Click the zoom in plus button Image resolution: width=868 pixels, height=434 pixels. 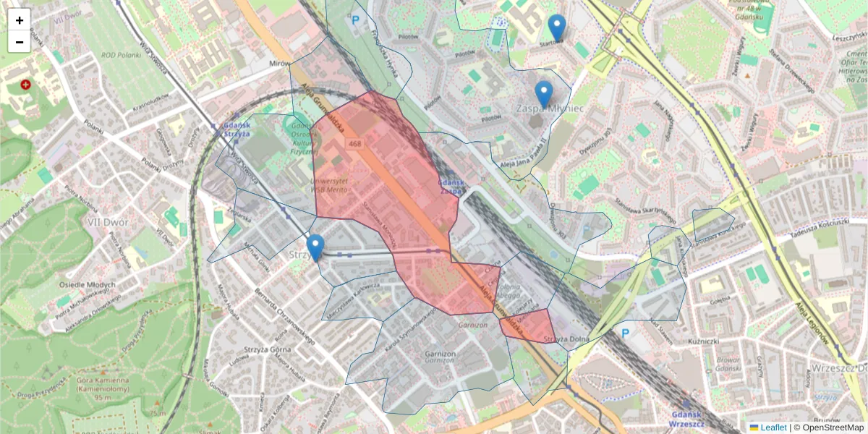tap(20, 20)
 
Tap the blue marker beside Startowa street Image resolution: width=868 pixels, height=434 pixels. tap(556, 27)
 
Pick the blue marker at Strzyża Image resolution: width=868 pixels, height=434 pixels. tap(315, 247)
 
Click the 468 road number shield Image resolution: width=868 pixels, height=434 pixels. tap(354, 144)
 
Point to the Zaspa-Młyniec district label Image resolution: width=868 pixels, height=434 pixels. tap(550, 108)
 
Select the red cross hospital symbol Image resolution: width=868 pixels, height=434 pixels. tap(27, 85)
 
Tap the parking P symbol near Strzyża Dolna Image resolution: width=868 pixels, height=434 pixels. tap(625, 333)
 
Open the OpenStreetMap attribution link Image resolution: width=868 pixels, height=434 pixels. tap(828, 427)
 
